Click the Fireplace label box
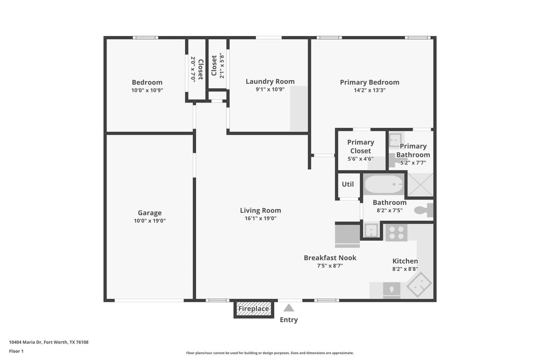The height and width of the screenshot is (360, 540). [254, 309]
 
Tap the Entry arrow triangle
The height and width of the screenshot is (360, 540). [288, 308]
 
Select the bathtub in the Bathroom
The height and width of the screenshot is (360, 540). [383, 184]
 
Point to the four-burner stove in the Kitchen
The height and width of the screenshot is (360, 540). [396, 233]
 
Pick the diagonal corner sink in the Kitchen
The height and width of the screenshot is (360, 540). [419, 284]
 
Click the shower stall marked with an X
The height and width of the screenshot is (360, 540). [420, 184]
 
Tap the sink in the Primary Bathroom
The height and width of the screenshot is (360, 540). [395, 140]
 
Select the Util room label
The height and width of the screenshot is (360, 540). [348, 184]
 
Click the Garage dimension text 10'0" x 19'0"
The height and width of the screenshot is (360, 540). [149, 221]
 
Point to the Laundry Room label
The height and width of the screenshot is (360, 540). [270, 81]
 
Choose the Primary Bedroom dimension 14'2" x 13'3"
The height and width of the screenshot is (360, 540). [369, 90]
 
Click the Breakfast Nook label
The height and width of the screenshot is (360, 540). [330, 258]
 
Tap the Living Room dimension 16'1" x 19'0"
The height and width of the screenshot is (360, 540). [260, 219]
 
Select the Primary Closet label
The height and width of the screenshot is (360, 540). [360, 146]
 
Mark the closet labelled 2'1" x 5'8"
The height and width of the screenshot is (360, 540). [217, 66]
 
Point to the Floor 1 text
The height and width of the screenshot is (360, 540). [16, 351]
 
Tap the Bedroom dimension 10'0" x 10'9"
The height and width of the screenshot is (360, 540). [147, 90]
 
